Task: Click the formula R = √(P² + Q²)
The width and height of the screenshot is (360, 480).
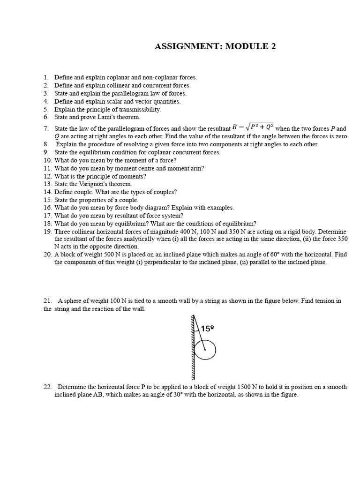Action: point(253,127)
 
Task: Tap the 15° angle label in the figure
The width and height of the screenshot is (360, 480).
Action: point(207,329)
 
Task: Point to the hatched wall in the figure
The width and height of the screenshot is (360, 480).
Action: point(192,347)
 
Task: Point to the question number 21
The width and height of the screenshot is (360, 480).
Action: point(47,300)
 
